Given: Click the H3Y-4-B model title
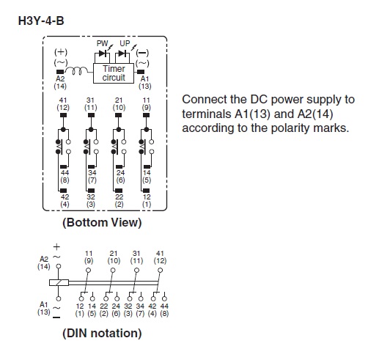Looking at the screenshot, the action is pyautogui.click(x=41, y=21).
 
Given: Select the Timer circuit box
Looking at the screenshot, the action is pyautogui.click(x=114, y=73).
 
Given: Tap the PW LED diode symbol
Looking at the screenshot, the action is pyautogui.click(x=103, y=54).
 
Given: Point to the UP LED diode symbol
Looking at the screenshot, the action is pyautogui.click(x=122, y=54).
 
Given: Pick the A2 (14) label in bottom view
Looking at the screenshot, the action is pyautogui.click(x=60, y=82).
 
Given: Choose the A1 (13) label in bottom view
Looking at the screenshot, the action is pyautogui.click(x=145, y=82).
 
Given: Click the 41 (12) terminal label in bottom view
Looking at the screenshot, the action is pyautogui.click(x=63, y=104).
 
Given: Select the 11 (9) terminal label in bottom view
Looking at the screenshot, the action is pyautogui.click(x=147, y=104).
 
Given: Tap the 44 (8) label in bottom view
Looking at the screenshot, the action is pyautogui.click(x=65, y=177).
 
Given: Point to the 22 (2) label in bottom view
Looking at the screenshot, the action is pyautogui.click(x=119, y=201).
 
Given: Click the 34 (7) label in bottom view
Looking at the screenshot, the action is pyautogui.click(x=92, y=177).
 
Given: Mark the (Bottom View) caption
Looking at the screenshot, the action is pyautogui.click(x=102, y=223).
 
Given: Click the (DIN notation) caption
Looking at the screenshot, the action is pyautogui.click(x=102, y=334).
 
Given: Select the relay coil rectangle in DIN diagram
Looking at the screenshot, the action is pyautogui.click(x=59, y=283).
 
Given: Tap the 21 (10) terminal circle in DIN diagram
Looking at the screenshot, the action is pyautogui.click(x=113, y=271).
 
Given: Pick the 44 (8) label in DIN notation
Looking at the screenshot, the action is pyautogui.click(x=164, y=310).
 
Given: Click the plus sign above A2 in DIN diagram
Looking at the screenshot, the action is pyautogui.click(x=56, y=247).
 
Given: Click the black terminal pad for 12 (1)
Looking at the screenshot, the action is pyautogui.click(x=146, y=191).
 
